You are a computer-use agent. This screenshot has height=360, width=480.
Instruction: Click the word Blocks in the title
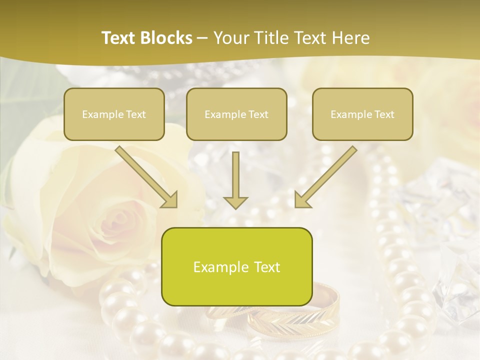pos(165,38)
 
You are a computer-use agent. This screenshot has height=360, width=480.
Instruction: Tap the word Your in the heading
pos(231,38)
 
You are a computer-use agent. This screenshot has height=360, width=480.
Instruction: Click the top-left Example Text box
pos(114,114)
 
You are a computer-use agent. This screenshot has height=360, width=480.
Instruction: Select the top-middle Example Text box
pos(236,114)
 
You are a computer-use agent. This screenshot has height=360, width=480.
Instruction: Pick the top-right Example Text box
pos(362,114)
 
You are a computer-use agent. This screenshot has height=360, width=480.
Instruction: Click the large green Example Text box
pos(236,266)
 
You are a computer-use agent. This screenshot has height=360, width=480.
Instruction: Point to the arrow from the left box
pos(146,176)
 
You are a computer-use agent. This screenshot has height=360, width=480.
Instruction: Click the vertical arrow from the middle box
pos(235,180)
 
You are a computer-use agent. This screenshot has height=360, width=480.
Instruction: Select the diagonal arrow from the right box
pos(326,176)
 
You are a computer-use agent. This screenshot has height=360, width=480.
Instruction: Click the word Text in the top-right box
pos(384,114)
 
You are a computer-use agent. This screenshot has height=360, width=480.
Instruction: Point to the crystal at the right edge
pos(457,280)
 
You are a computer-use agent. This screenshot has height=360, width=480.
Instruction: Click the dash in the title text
pos(202,38)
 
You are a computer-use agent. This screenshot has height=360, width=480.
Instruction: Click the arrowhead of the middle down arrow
pos(235,202)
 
